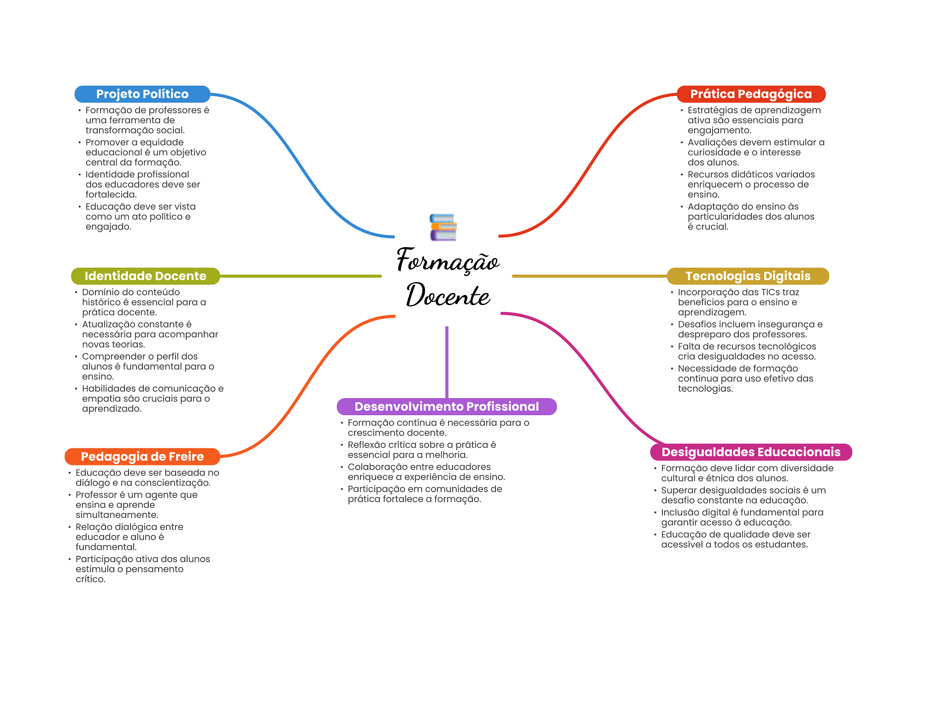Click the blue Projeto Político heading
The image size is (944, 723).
click(142, 94)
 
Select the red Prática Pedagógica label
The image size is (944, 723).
click(750, 94)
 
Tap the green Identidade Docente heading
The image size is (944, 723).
click(145, 276)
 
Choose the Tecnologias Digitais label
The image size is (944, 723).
click(748, 276)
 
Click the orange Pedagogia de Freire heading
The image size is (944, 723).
click(142, 457)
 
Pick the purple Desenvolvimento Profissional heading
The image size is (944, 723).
click(446, 406)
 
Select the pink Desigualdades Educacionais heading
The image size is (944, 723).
click(750, 452)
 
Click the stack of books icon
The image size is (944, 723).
click(443, 227)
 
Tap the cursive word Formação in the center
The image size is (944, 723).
click(447, 261)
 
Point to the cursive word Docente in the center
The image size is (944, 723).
click(448, 295)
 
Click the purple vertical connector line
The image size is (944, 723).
click(447, 362)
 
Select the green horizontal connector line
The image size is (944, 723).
click(300, 276)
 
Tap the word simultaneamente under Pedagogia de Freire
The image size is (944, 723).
click(117, 515)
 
